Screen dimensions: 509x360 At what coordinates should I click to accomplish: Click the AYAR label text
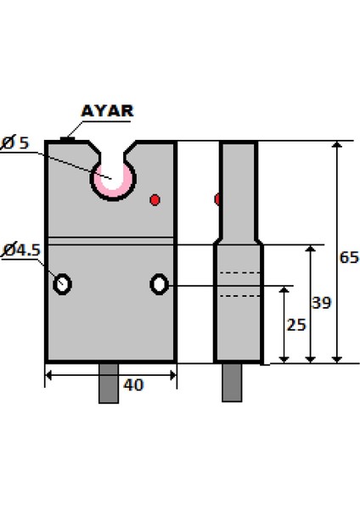point(107,111)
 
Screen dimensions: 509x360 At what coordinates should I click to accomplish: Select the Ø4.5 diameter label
point(21,249)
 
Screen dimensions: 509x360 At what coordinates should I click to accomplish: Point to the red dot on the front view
point(155,200)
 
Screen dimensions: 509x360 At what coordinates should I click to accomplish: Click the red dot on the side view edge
point(218,199)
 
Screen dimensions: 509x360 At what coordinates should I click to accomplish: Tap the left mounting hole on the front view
point(62,284)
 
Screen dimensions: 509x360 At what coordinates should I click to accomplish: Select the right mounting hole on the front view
point(159,284)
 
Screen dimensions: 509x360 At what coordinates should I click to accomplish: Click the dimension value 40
point(133,384)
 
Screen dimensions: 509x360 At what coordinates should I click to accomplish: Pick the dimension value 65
point(348,257)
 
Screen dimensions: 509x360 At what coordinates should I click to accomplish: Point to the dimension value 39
point(321,302)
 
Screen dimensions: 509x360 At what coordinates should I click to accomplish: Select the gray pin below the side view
point(231,383)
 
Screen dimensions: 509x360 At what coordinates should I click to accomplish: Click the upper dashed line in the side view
point(238,273)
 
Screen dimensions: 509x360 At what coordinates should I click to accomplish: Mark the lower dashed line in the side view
point(238,295)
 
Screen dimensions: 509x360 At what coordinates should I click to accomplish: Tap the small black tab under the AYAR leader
point(67,138)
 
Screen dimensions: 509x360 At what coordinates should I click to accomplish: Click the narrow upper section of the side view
point(238,187)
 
